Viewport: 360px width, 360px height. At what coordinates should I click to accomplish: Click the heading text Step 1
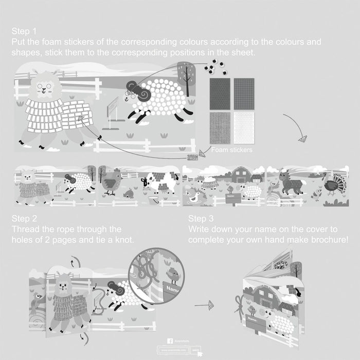pos(24,31)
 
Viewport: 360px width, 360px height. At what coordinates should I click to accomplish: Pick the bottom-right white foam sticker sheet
pos(244,128)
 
